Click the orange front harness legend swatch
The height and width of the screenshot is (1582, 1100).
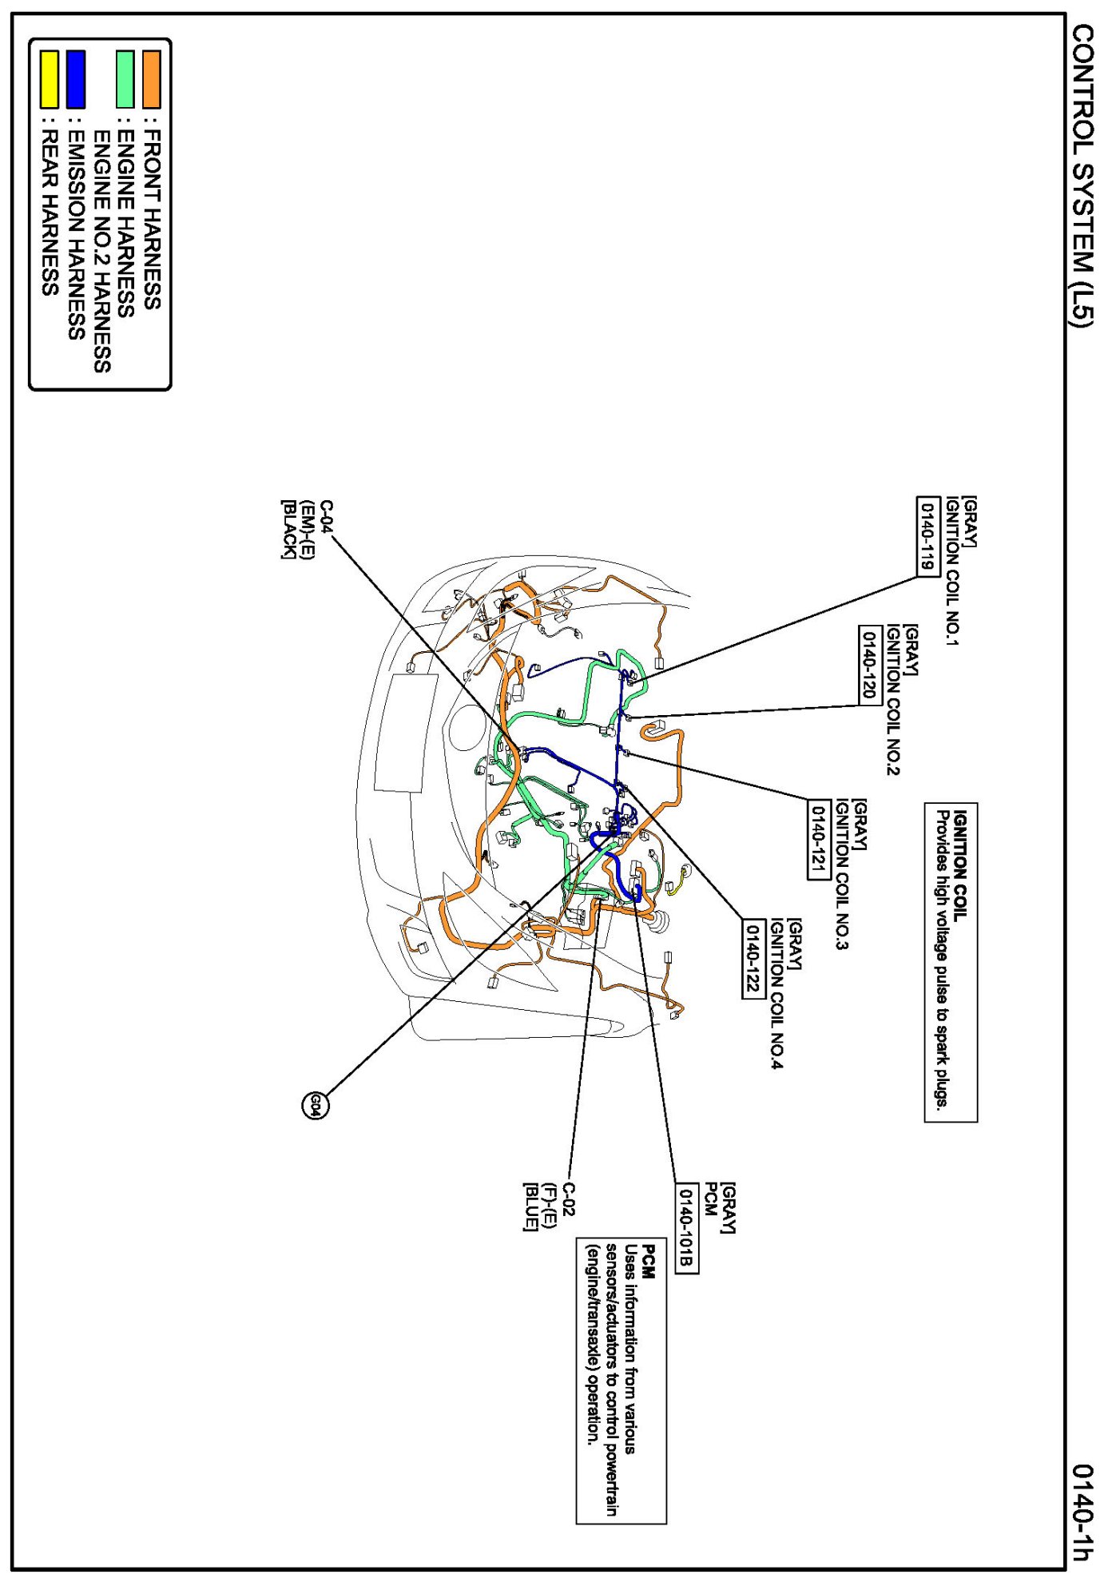point(151,79)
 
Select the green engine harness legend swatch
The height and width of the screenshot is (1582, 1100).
point(125,79)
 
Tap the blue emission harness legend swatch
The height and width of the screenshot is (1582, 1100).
point(76,79)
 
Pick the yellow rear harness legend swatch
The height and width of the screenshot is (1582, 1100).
point(50,79)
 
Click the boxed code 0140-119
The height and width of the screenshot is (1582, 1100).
point(927,536)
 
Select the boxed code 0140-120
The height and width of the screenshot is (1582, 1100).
point(869,665)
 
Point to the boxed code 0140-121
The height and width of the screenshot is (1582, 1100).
point(818,839)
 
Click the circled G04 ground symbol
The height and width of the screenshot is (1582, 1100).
point(315,1106)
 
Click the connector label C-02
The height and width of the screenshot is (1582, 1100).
point(568,1199)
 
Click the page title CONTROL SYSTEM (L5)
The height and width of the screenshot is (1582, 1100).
point(1082,174)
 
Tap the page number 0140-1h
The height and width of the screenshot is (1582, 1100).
point(1082,1511)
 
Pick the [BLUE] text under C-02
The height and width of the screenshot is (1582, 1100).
point(530,1206)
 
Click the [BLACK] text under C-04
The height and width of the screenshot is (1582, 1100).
point(288,529)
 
